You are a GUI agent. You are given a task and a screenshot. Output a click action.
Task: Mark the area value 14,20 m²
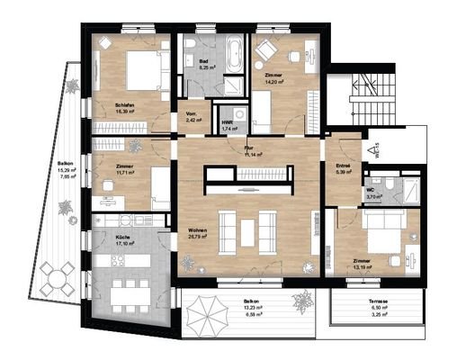[273, 81]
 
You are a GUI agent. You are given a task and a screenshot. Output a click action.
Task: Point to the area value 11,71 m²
[125, 173]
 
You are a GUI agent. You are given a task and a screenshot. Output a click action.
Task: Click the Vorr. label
[191, 113]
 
